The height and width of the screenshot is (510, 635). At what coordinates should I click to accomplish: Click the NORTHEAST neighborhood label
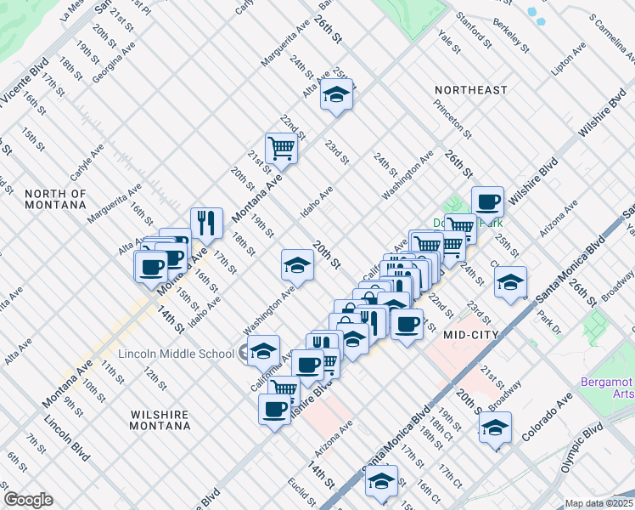pos(470,90)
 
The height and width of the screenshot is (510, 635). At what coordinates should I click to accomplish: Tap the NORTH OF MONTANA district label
pos(55,199)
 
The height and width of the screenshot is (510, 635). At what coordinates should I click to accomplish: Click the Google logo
pos(28,500)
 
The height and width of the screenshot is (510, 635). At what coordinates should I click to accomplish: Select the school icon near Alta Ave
pos(337,96)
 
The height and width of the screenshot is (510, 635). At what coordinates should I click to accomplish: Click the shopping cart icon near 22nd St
pos(281,148)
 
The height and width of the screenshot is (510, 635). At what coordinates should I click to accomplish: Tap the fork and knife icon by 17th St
pos(206,224)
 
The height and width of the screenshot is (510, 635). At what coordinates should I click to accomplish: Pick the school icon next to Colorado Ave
pos(496,427)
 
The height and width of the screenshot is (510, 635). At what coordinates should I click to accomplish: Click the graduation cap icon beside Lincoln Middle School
pos(263,350)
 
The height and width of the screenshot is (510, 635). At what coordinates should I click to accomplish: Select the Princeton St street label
pos(452,119)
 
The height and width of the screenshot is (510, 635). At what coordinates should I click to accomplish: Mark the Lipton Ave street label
pos(569,59)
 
